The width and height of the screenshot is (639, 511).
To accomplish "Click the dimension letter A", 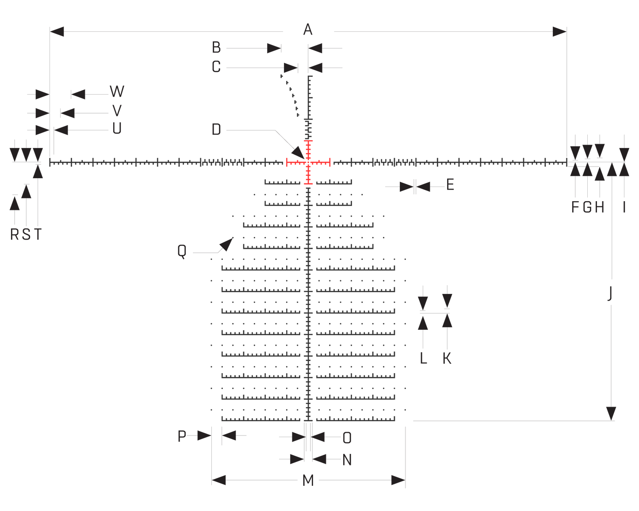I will (x=308, y=30).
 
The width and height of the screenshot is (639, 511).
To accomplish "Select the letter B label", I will (x=216, y=47).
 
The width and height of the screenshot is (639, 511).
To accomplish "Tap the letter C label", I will (x=216, y=67).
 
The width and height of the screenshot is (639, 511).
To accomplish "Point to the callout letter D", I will (x=216, y=130).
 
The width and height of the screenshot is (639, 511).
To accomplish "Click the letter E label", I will (x=450, y=185).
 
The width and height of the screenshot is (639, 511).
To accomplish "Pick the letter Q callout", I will (x=182, y=252).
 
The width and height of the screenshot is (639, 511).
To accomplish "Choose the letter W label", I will (x=117, y=92).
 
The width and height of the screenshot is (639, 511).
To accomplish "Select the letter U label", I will (x=117, y=129).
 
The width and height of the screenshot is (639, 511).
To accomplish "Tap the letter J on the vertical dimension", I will (x=610, y=293).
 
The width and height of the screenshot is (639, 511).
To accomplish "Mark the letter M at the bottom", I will (x=308, y=480).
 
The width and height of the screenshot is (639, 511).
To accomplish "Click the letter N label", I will (x=347, y=460).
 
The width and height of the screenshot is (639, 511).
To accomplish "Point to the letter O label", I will (x=347, y=438).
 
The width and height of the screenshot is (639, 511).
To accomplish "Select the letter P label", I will (x=182, y=436).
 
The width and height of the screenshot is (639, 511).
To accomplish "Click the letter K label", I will (x=447, y=358).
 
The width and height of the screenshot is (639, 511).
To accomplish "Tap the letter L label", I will (x=423, y=358).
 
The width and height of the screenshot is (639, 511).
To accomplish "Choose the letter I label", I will (x=624, y=207).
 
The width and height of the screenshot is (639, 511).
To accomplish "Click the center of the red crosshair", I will (x=308, y=163).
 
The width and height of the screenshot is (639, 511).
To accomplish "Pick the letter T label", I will (x=38, y=234).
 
